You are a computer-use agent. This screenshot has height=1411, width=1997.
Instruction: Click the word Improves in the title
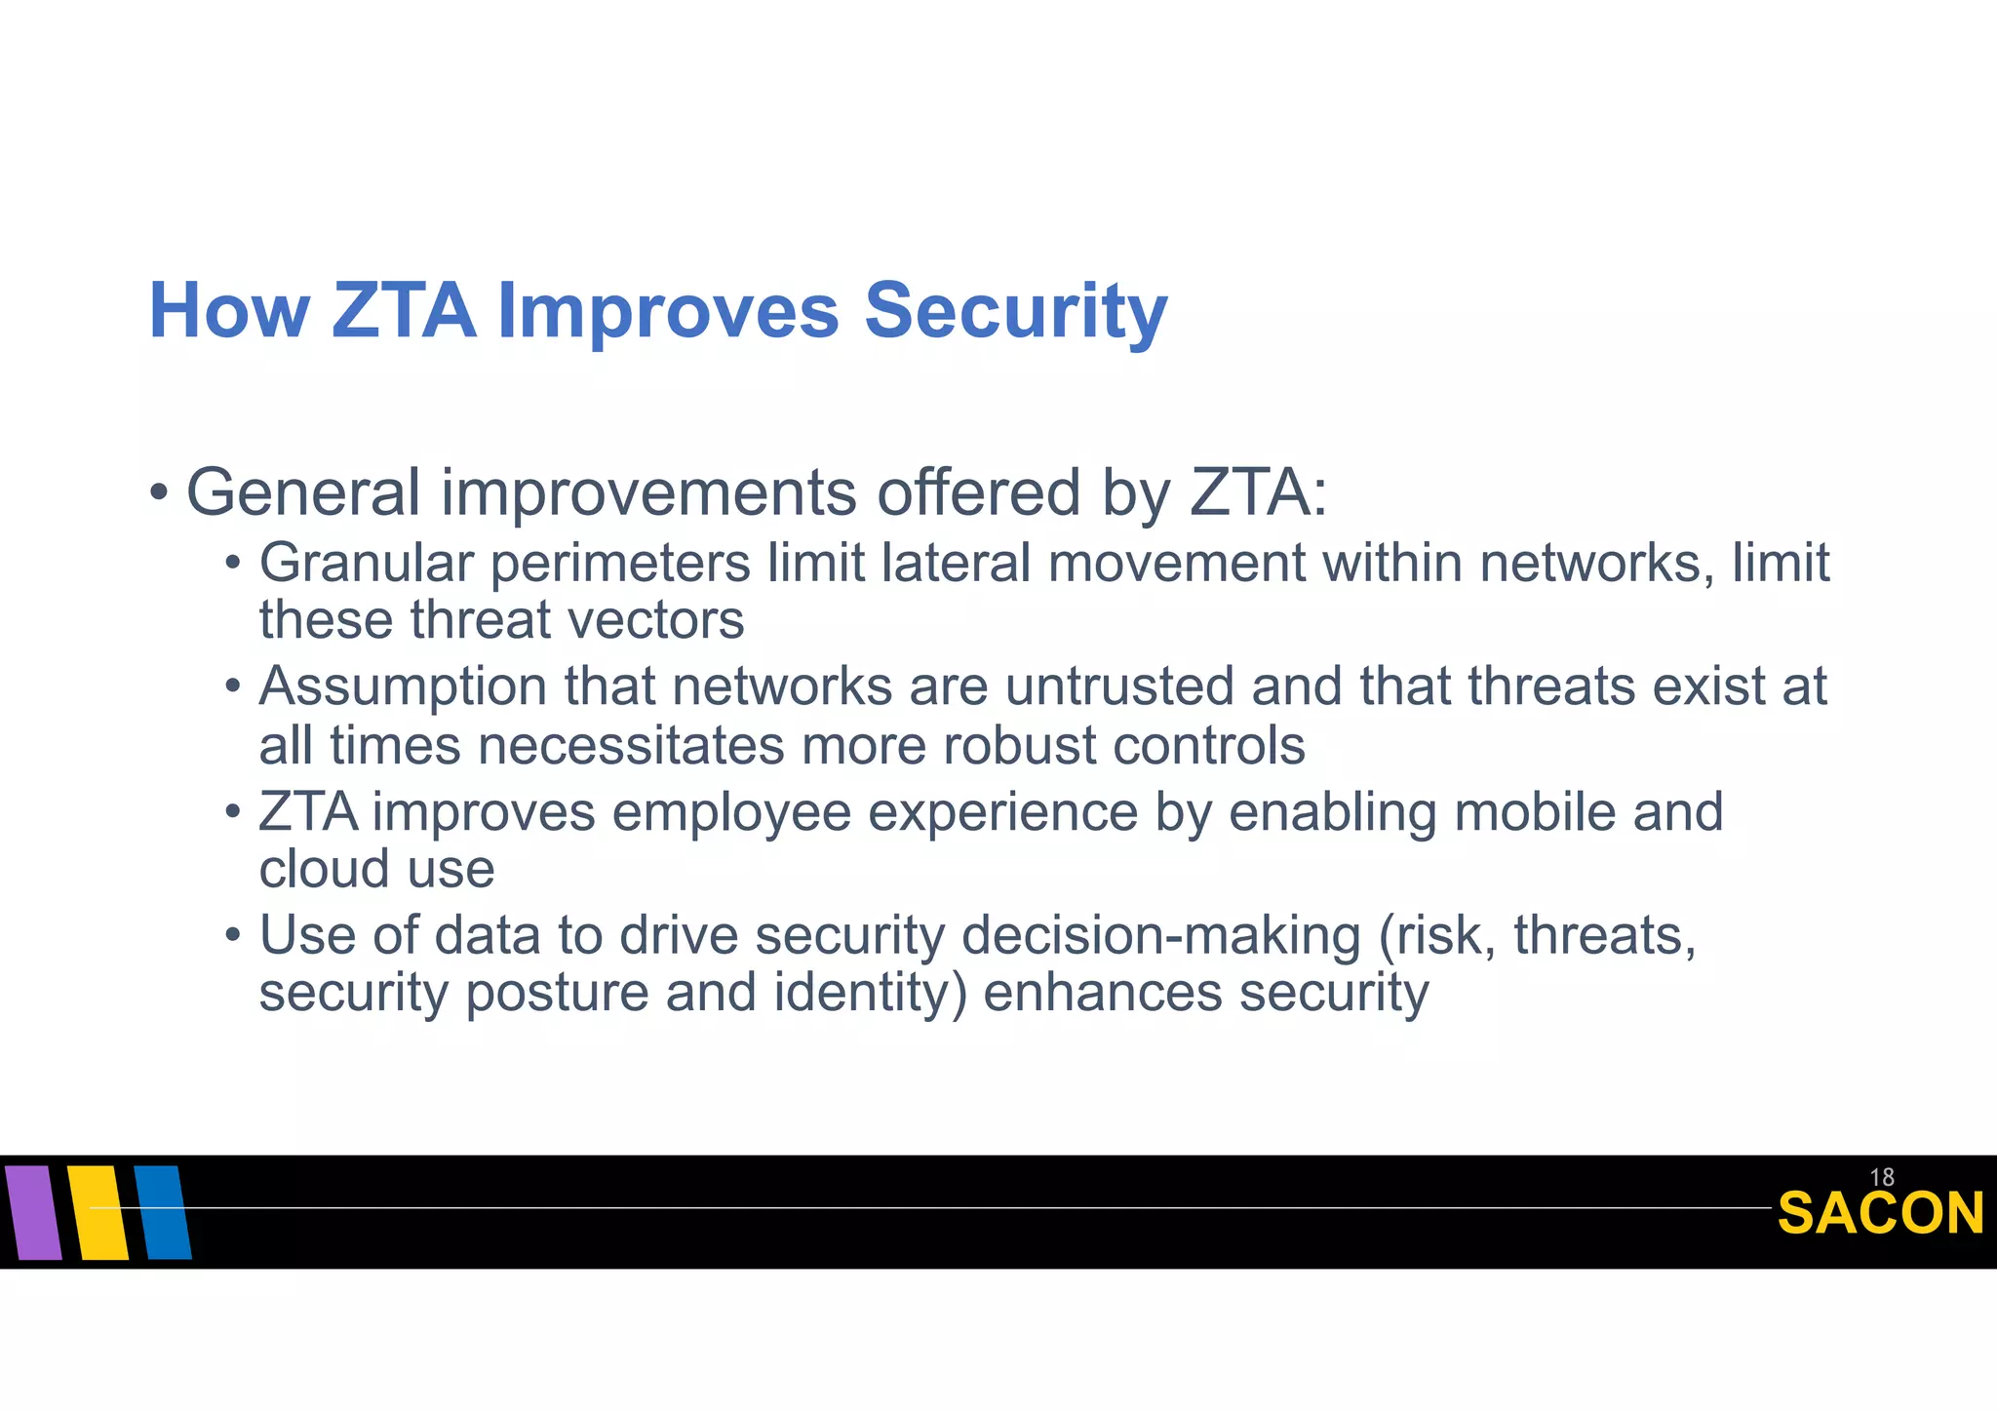click(668, 312)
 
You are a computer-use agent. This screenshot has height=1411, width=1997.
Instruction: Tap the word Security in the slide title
click(1016, 312)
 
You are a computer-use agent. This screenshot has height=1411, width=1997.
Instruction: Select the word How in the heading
click(229, 312)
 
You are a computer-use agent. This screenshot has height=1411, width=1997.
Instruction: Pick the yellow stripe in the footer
click(98, 1212)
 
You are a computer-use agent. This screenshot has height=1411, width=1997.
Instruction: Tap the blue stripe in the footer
click(163, 1212)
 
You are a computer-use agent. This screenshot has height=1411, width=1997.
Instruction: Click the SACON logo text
click(1880, 1214)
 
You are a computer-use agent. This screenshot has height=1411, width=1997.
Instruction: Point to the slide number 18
click(1882, 1177)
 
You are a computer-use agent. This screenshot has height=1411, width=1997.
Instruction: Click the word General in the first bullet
click(303, 492)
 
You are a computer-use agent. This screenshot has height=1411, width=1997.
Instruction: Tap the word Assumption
click(403, 686)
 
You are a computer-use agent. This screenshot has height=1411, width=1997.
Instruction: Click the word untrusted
click(1119, 686)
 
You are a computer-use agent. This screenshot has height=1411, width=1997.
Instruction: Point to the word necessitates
click(631, 746)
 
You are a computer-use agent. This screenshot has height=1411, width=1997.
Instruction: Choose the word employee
click(731, 812)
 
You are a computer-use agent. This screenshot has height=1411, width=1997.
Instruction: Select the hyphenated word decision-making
click(1161, 936)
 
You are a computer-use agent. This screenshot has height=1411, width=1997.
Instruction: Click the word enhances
click(1103, 994)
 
